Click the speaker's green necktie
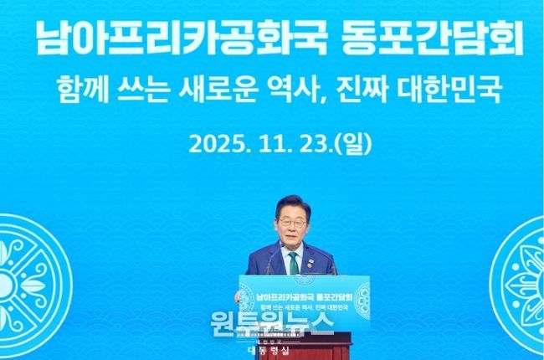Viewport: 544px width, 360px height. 293,261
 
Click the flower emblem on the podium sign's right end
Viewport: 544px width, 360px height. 362,296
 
